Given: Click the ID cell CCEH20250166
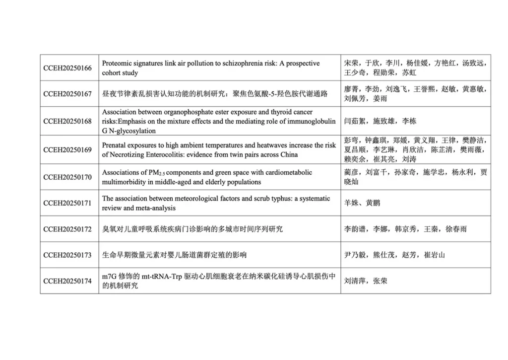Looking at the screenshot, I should [x=67, y=68].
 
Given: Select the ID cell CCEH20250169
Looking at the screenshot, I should [x=67, y=149].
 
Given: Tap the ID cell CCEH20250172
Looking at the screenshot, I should [x=67, y=229].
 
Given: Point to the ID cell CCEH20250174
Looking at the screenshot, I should [x=67, y=281].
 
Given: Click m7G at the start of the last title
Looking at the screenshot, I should [x=110, y=276].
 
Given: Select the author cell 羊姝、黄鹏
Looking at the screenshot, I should [x=362, y=203].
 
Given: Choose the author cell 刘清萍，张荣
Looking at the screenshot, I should [x=366, y=281].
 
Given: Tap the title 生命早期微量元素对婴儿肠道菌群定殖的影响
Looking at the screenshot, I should [x=174, y=255].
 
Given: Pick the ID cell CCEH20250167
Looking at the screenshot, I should [x=67, y=94].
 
